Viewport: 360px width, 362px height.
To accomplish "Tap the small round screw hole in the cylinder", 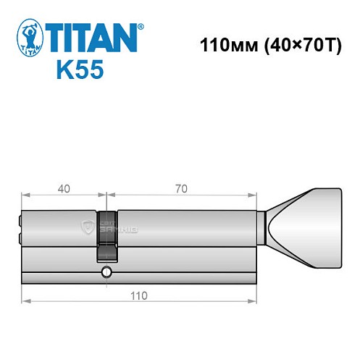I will click(x=106, y=272).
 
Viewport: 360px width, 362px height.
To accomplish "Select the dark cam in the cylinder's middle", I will click(x=106, y=235).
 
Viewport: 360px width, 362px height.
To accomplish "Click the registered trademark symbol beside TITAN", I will click(x=141, y=27).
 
